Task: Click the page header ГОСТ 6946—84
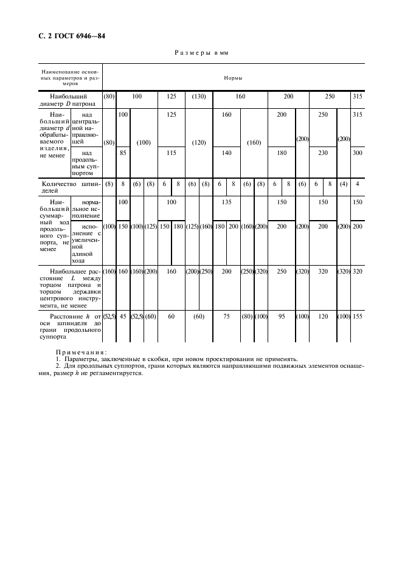(68, 36)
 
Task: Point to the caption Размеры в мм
(200, 53)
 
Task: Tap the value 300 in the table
(357, 153)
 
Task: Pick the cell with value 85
(122, 153)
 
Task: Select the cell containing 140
(226, 153)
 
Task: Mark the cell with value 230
(323, 153)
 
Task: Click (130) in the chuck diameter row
(199, 97)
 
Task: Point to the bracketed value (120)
(199, 143)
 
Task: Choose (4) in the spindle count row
(344, 184)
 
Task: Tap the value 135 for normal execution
(226, 201)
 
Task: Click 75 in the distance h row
(226, 316)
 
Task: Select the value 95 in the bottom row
(281, 316)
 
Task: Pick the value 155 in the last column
(357, 316)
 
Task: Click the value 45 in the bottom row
(122, 316)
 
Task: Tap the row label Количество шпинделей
(70, 187)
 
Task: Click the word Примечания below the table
(80, 352)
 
